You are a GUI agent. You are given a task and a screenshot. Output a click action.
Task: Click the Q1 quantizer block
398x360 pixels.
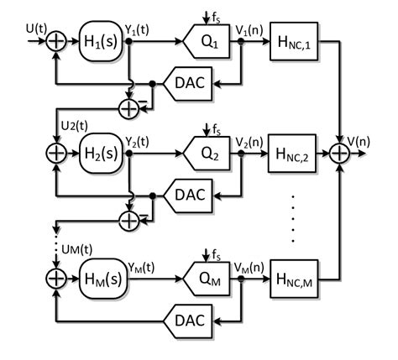[x=201, y=40]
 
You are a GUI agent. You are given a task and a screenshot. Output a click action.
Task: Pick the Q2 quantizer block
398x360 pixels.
[x=201, y=154]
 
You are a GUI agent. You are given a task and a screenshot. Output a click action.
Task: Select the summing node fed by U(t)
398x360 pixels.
[x=56, y=40]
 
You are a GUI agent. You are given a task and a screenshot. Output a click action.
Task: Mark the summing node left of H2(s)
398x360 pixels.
[x=56, y=154]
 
